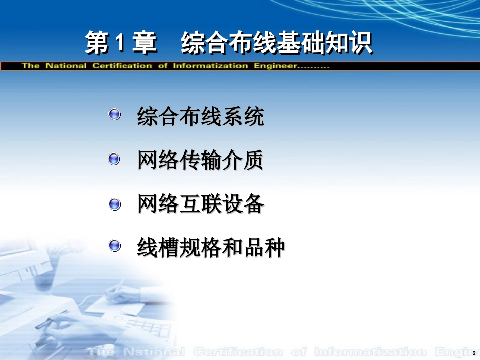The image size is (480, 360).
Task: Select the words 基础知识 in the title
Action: [324, 43]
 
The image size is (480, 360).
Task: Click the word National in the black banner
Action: [66, 66]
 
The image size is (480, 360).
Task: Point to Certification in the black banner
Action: [122, 66]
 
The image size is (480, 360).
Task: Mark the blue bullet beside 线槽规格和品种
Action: [115, 246]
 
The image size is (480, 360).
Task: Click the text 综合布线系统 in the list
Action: [201, 117]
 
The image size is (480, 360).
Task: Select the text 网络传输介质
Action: [201, 161]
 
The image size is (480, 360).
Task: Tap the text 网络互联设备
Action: [201, 204]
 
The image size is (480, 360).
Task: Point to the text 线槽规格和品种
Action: [211, 248]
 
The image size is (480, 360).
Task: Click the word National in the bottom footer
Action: [154, 352]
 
